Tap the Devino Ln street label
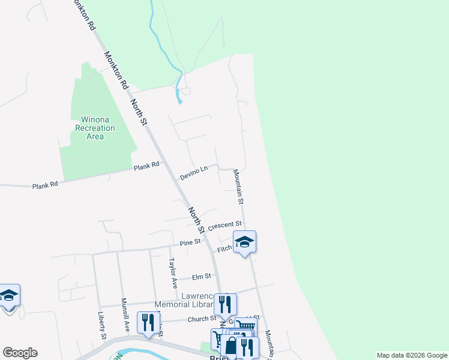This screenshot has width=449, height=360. click(x=193, y=173)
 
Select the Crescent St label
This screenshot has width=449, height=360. click(x=225, y=225)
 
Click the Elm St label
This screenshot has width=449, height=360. click(x=201, y=277)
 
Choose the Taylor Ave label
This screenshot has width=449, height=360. click(x=173, y=271)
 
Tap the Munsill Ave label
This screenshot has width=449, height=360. click(x=126, y=315)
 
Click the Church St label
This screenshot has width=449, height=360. click(x=201, y=319)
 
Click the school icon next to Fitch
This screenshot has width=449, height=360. click(x=244, y=242)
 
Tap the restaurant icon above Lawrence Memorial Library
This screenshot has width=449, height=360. click(x=225, y=304)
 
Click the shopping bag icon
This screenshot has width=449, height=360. click(x=231, y=346)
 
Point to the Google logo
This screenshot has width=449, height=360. click(x=20, y=353)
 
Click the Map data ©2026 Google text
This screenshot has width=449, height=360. click(x=412, y=355)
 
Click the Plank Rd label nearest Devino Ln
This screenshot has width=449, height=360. click(x=147, y=166)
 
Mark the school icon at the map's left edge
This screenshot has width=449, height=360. click(x=8, y=295)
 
